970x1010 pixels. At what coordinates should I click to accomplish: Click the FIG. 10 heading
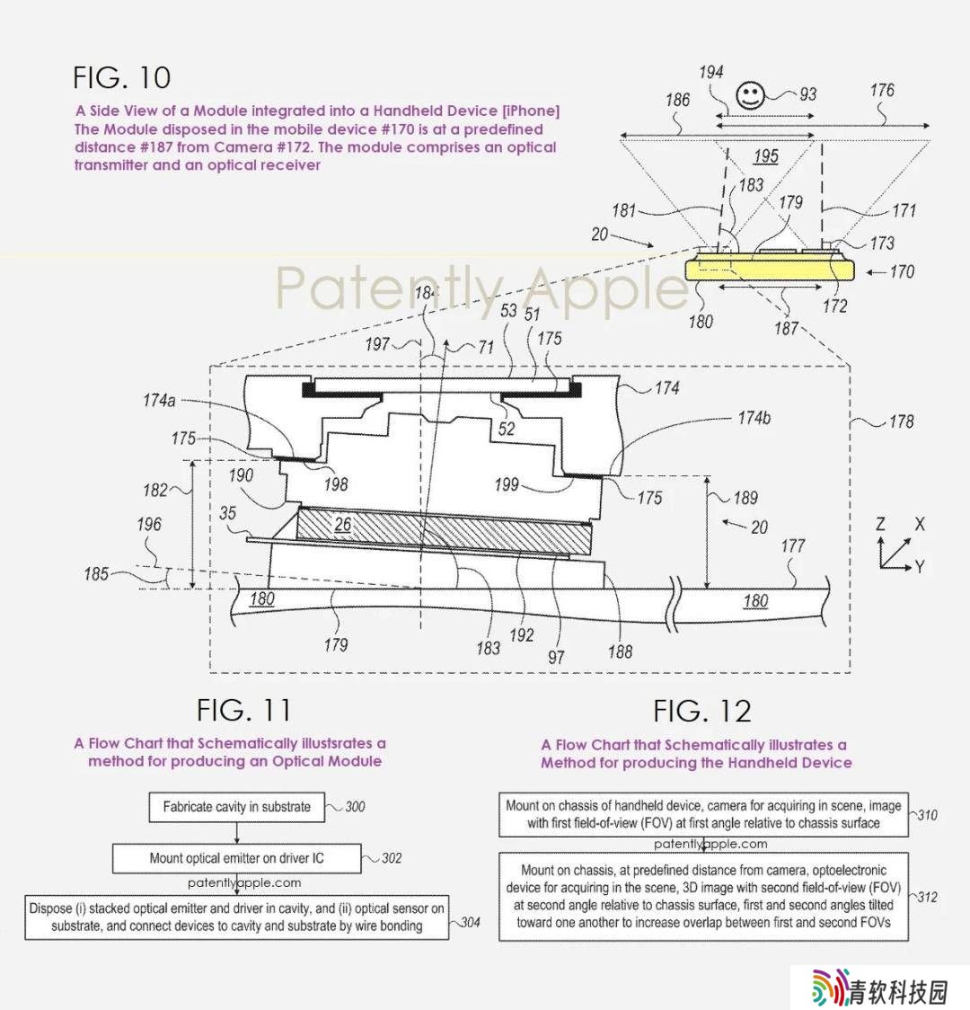(x=121, y=78)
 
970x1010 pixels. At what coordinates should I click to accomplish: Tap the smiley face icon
(x=750, y=95)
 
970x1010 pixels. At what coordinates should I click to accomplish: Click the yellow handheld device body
(x=769, y=267)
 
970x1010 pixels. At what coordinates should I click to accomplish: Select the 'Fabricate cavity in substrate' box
(x=237, y=807)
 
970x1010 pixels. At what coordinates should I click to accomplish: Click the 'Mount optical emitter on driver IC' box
(x=237, y=859)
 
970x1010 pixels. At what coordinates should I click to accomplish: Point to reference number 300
(x=355, y=806)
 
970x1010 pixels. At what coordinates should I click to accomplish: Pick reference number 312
(x=927, y=897)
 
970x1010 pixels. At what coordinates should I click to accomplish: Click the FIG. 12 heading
(x=702, y=711)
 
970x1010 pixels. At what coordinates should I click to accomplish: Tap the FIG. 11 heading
(x=244, y=711)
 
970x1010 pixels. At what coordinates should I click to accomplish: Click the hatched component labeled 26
(x=444, y=530)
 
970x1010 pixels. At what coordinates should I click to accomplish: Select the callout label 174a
(x=159, y=401)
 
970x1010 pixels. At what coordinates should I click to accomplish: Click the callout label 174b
(x=754, y=418)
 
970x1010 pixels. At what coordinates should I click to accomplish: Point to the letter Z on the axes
(x=880, y=525)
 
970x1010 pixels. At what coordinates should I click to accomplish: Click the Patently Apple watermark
(x=482, y=288)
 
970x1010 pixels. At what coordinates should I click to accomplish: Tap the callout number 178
(x=901, y=421)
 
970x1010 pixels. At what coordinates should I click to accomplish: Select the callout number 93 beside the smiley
(x=807, y=94)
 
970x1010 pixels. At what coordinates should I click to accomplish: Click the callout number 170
(x=902, y=272)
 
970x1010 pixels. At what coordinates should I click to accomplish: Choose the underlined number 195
(x=766, y=156)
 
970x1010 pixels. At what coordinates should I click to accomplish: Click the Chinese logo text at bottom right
(x=898, y=991)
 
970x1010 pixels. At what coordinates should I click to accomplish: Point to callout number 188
(x=620, y=651)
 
